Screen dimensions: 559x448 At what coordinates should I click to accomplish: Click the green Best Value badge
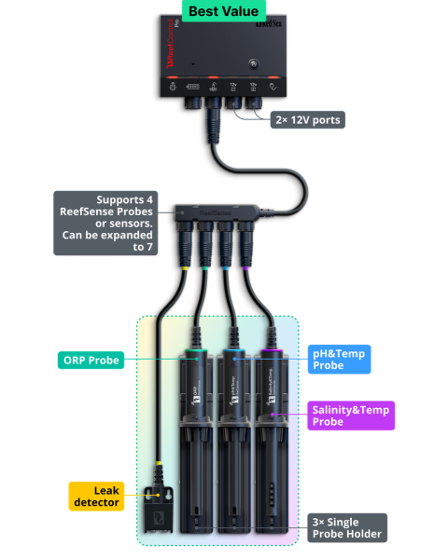pyautogui.click(x=223, y=12)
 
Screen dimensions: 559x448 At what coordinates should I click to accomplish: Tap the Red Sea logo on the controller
pyautogui.click(x=261, y=37)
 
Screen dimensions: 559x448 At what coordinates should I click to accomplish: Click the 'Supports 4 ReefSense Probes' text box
pyautogui.click(x=105, y=223)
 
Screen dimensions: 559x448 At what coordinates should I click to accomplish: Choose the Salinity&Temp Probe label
pyautogui.click(x=351, y=416)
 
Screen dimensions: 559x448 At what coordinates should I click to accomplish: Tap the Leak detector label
pyautogui.click(x=96, y=496)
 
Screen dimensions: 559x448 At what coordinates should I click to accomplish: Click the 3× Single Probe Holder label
pyautogui.click(x=345, y=527)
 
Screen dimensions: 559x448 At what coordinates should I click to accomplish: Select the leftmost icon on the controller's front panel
pyautogui.click(x=173, y=88)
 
